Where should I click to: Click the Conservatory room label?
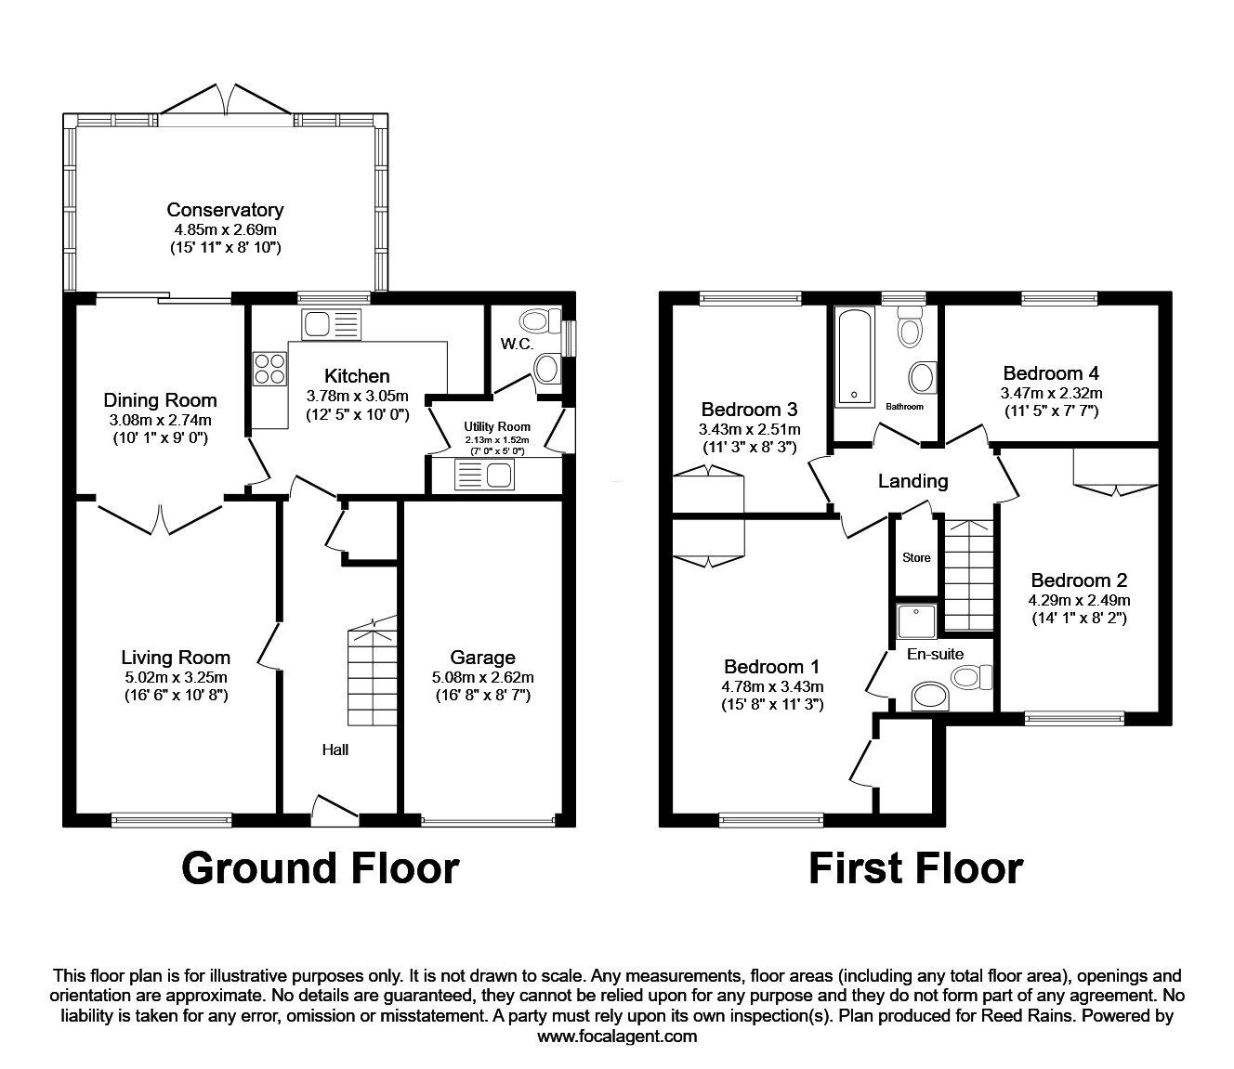pyautogui.click(x=225, y=210)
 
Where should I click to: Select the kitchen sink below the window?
pyautogui.click(x=330, y=325)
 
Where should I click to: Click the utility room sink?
pyautogui.click(x=484, y=476)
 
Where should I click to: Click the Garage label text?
pyautogui.click(x=482, y=658)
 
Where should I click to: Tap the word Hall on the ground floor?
pyautogui.click(x=335, y=750)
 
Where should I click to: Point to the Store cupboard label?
pyautogui.click(x=916, y=558)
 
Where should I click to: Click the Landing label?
pyautogui.click(x=912, y=481)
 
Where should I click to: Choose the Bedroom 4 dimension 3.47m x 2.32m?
pyautogui.click(x=1051, y=394)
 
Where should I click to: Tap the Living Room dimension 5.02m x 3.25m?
pyautogui.click(x=176, y=677)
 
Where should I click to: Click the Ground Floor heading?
pyautogui.click(x=320, y=868)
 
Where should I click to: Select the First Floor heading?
pyautogui.click(x=915, y=868)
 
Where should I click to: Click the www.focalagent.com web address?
pyautogui.click(x=616, y=1036)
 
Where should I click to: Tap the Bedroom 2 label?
pyautogui.click(x=1078, y=580)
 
